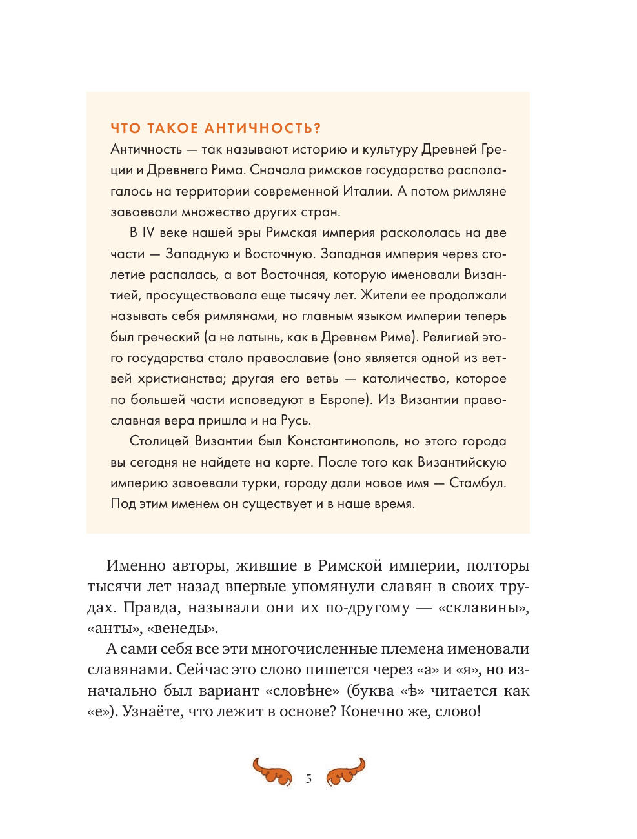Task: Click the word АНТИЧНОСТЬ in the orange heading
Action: [262, 128]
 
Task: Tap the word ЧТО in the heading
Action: [126, 128]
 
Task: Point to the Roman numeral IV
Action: [148, 233]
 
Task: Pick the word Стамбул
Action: [477, 483]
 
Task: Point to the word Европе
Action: [345, 399]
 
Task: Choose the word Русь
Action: [296, 420]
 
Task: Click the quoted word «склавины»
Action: [483, 607]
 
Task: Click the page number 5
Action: [308, 779]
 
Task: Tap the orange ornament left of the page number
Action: [272, 771]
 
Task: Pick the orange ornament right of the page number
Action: [346, 771]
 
